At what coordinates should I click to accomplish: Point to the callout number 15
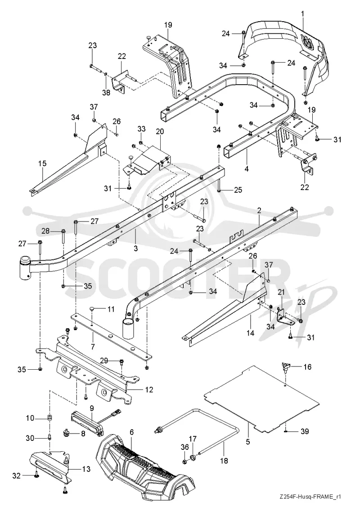coord(42,163)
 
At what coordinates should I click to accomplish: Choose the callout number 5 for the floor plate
coord(247,442)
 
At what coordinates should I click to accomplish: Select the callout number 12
coord(149,390)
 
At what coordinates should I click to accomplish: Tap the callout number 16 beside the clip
coord(307,367)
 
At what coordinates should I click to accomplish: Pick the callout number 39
coord(305,432)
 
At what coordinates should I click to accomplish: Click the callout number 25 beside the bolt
coord(238,190)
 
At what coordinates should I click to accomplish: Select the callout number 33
coord(141,129)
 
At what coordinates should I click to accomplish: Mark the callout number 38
coord(106,93)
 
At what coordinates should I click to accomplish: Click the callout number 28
coord(46,231)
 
